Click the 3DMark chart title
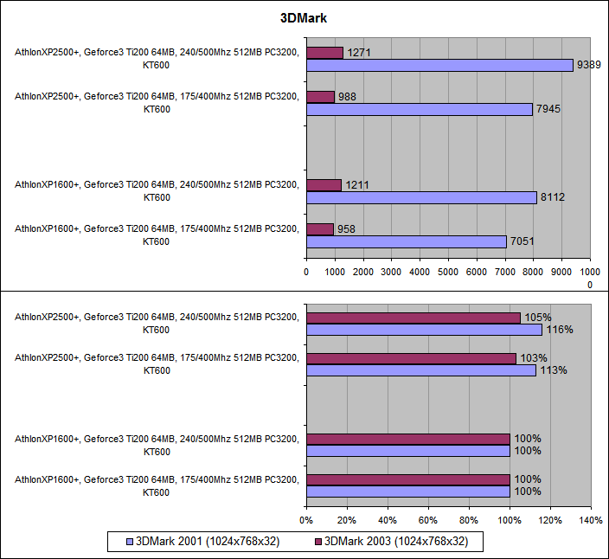coord(304,17)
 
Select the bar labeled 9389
coord(439,65)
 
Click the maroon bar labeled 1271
coord(324,53)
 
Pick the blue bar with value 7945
coord(419,109)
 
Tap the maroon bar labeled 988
coord(320,97)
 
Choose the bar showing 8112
coord(421,197)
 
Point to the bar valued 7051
coord(406,241)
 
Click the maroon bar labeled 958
coord(320,229)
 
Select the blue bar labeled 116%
coord(424,330)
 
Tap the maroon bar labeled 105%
coord(413,318)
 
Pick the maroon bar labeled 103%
coord(411,358)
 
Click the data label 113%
coord(554,370)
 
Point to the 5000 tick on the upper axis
coord(448,272)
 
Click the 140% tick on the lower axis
coord(591,521)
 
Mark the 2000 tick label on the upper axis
coord(363,272)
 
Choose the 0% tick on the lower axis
coord(305,521)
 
